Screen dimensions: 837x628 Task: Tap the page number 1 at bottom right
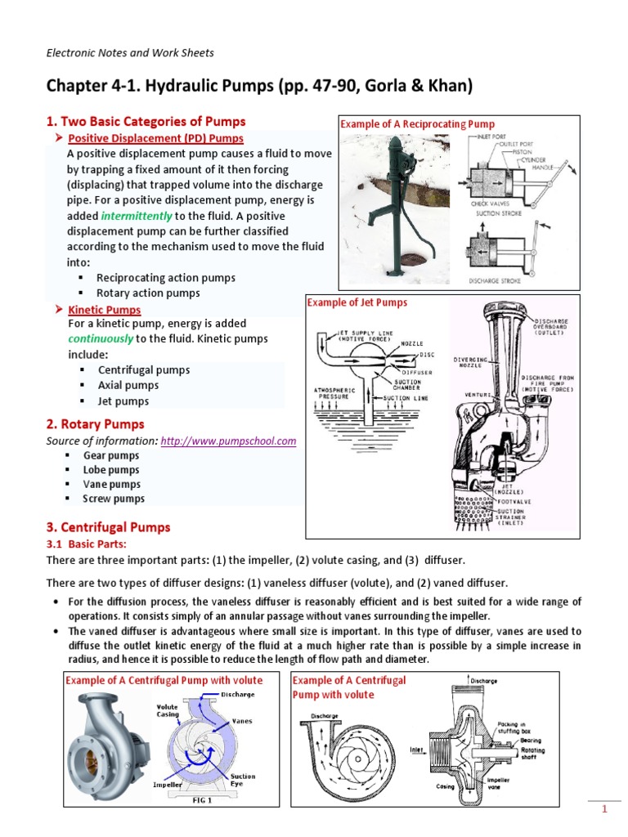click(x=604, y=809)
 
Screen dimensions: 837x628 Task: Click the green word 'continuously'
click(x=101, y=339)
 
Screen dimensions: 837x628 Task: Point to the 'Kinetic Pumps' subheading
click(x=105, y=310)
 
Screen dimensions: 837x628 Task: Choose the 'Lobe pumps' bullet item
click(x=111, y=470)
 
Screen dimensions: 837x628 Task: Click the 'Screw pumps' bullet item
click(x=114, y=499)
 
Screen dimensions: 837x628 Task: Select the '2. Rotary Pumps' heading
click(x=95, y=424)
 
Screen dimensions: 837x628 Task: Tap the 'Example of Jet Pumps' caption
click(x=357, y=302)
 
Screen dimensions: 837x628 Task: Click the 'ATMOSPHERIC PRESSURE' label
click(x=335, y=394)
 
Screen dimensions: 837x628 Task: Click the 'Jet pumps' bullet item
click(x=123, y=401)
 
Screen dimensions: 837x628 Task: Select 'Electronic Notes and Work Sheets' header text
click(x=129, y=53)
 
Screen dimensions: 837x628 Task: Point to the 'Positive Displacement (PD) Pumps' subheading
click(x=155, y=137)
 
